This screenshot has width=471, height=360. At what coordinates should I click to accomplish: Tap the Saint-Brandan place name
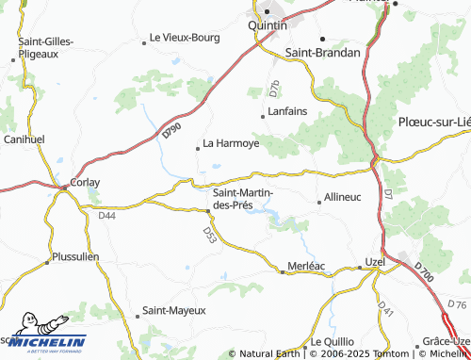323,53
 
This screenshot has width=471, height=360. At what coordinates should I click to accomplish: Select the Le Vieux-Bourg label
185,39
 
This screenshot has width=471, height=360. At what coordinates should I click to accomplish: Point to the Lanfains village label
288,111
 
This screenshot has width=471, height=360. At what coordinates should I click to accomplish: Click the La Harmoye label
231,145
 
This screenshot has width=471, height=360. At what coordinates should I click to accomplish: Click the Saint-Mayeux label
173,309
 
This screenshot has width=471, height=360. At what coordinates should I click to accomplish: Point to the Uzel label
376,260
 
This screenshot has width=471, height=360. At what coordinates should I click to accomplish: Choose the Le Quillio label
330,341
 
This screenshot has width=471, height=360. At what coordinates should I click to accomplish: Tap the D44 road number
107,216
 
